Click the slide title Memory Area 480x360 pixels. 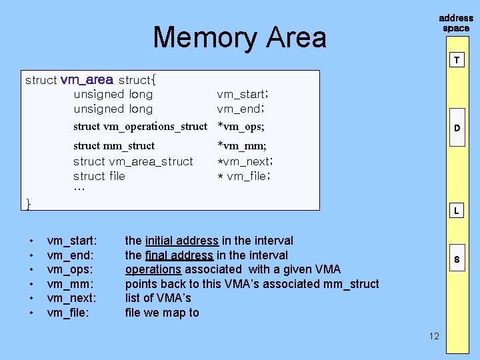tap(239, 37)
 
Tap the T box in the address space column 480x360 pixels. tap(457, 60)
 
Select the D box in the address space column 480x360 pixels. tap(457, 127)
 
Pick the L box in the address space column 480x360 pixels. tap(457, 211)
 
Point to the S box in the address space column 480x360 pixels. tap(457, 259)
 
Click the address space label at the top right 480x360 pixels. tap(456, 23)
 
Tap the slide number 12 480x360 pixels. tap(434, 336)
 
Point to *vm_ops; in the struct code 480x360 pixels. tap(241, 127)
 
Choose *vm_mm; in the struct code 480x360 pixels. tap(241, 145)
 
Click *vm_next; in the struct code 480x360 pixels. tap(245, 161)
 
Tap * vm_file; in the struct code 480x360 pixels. tap(244, 176)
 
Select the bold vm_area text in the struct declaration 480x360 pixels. tap(87, 80)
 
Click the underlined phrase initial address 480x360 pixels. tap(181, 241)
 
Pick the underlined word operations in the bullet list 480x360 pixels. tap(153, 269)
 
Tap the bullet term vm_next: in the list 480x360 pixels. tap(72, 298)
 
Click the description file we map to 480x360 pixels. tap(162, 313)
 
